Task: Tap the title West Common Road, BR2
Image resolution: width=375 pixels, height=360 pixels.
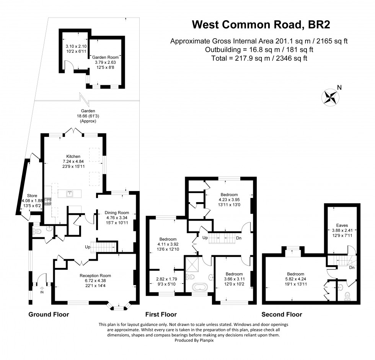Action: point(261,25)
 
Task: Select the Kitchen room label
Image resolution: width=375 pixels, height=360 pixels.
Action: point(73,156)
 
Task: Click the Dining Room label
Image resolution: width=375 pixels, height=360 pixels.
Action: point(117,212)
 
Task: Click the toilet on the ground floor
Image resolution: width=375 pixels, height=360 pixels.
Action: point(37,231)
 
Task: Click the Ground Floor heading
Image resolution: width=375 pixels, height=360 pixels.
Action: point(49,315)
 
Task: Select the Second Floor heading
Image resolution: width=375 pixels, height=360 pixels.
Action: point(282,315)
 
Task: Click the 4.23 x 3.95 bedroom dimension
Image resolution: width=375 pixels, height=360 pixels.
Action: point(228,199)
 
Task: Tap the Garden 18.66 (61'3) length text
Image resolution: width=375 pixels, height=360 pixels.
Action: point(87,116)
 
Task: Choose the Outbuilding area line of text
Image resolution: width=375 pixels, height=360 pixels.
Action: point(259,50)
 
